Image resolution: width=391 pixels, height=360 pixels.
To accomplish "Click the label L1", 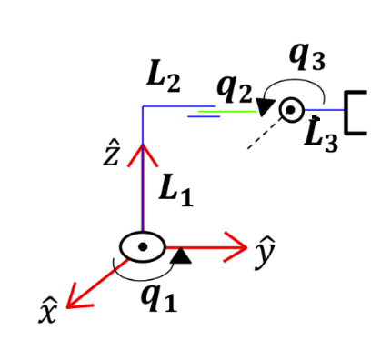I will coord(175,190).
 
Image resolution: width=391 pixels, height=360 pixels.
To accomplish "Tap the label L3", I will coord(322,137).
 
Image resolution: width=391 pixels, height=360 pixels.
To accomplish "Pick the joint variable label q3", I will coord(307,56).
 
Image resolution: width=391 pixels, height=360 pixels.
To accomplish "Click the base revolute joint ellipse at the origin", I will coord(142,245).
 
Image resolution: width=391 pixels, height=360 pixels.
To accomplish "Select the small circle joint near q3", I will coord(291,110).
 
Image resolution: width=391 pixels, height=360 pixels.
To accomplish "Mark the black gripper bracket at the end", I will coord(356,112).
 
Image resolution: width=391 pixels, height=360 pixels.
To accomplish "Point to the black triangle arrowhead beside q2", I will coord(265,106).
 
